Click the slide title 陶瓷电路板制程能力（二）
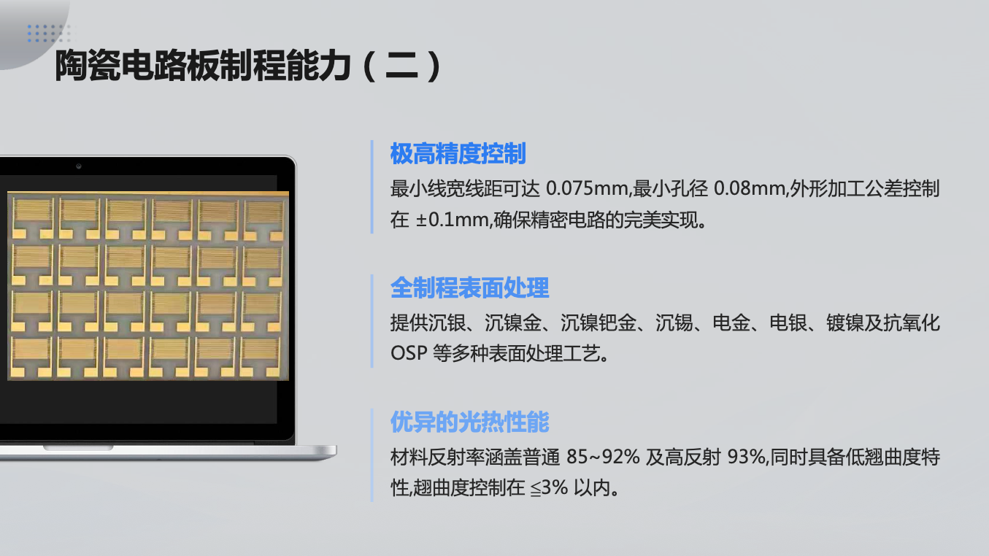pos(248,66)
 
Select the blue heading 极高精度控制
pos(458,153)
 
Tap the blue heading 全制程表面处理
pos(469,287)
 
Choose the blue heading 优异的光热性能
pos(469,422)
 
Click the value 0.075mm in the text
pos(588,188)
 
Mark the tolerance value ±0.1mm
pos(452,220)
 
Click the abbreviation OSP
pos(409,353)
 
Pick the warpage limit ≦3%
pos(549,488)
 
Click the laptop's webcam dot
pos(79,166)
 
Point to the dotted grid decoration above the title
pos(50,34)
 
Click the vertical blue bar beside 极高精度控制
pos(372,187)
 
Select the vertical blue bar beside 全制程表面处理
pos(372,321)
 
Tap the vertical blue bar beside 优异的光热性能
pos(372,455)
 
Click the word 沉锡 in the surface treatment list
pos(674,323)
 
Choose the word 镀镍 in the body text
pos(844,323)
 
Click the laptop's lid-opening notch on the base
pos(78,448)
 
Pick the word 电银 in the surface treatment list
pos(788,323)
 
